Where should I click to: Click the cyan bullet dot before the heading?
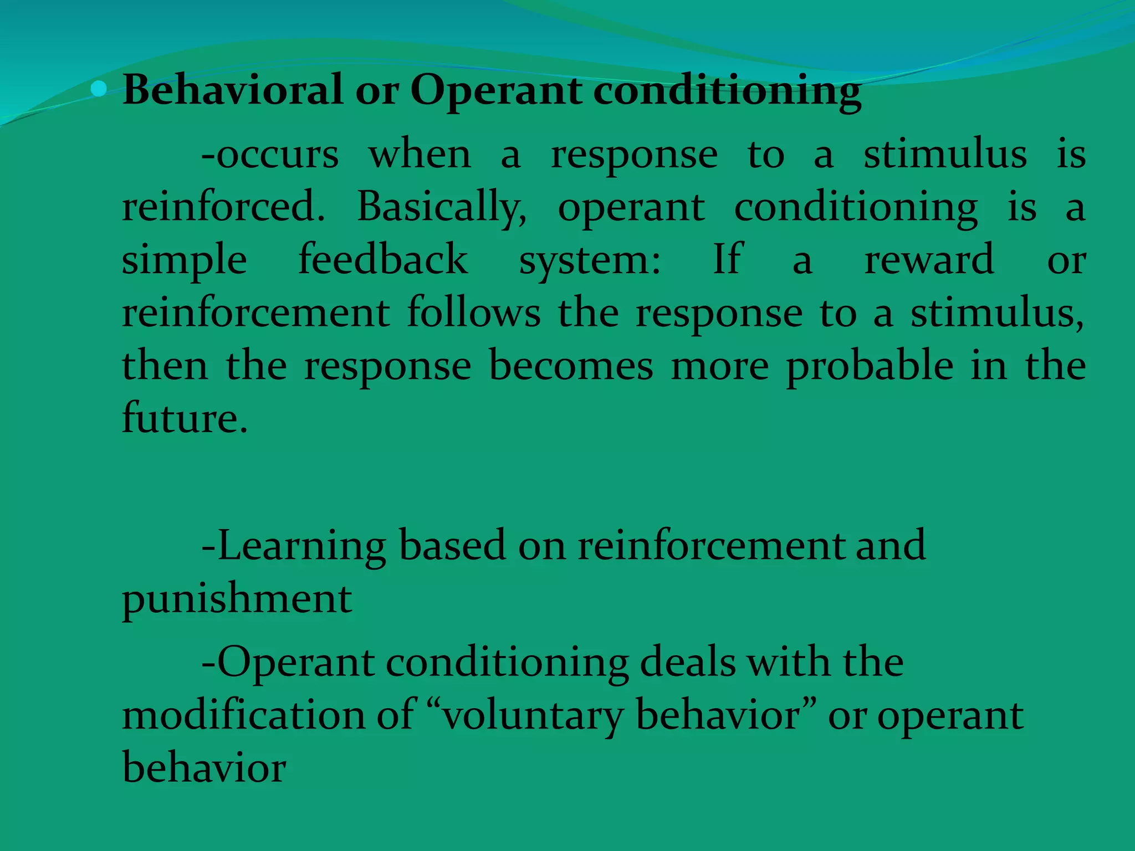(99, 89)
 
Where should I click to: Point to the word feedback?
(383, 260)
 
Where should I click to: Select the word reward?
(929, 260)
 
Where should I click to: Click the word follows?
(473, 313)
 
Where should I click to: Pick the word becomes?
(570, 366)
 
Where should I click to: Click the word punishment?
(237, 599)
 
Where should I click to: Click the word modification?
(243, 715)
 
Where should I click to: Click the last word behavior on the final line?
(204, 768)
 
